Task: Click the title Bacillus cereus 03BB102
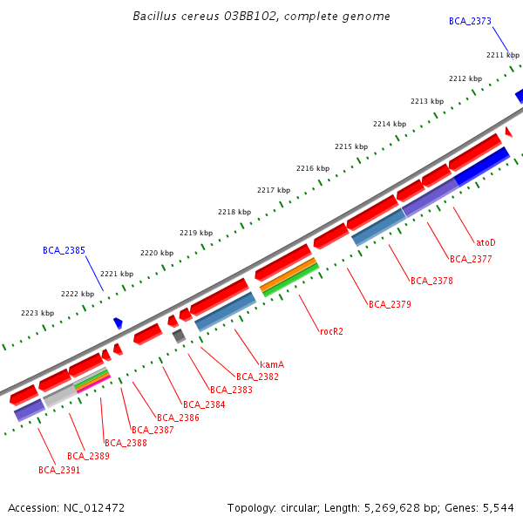(x=261, y=17)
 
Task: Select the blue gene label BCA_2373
(x=470, y=21)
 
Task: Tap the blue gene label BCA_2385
(x=64, y=250)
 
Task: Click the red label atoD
(x=486, y=241)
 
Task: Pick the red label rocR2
(x=331, y=331)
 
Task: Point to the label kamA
(x=272, y=363)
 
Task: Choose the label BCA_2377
(x=471, y=259)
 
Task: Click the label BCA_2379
(x=390, y=304)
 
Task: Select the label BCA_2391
(x=59, y=470)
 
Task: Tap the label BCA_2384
(x=204, y=404)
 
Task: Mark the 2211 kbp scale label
(x=503, y=55)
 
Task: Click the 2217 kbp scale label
(x=274, y=190)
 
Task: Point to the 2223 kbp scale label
(x=37, y=313)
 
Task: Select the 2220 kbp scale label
(x=157, y=253)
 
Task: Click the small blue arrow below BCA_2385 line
(x=118, y=323)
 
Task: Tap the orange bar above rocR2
(x=288, y=274)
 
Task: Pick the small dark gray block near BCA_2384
(x=179, y=336)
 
